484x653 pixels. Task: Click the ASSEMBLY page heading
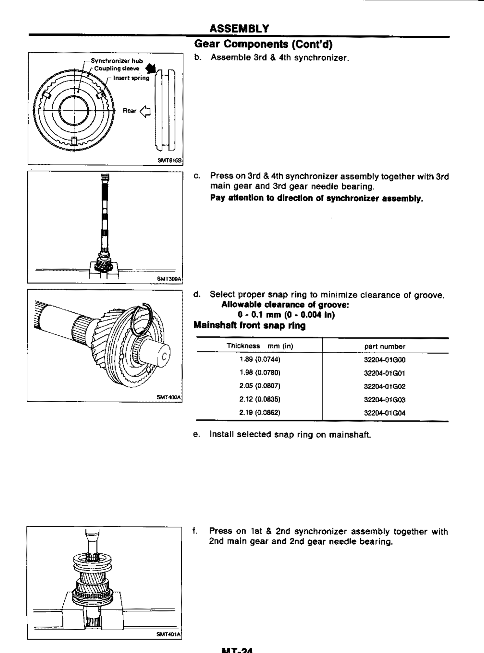pos(239,29)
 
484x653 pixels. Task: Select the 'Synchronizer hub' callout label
pos(117,61)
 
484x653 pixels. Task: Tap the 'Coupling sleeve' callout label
pos(117,68)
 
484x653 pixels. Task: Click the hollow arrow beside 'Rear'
pos(145,111)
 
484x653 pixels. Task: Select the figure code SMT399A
pos(169,279)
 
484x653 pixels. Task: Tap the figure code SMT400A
pos(169,397)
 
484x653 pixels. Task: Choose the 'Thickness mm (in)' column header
pos(260,346)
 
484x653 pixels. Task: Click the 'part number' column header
pos(385,347)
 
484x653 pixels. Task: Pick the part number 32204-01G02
pos(385,386)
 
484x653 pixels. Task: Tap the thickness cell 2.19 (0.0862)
pos(260,413)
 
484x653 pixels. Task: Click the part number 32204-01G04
pos(385,413)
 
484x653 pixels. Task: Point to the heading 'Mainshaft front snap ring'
pos(249,326)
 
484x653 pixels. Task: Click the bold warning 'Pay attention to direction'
pos(317,198)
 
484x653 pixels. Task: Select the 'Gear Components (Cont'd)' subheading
pos(263,44)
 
